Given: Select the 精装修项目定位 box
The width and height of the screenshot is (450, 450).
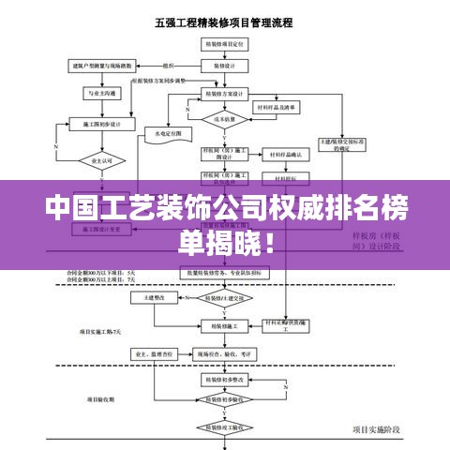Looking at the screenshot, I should tap(225, 44).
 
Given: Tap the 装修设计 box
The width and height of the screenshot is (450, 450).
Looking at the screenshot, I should tap(225, 67).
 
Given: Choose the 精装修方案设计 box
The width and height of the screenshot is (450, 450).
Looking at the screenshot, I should tap(225, 94).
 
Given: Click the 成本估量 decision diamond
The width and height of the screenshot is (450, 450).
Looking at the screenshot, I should tap(225, 119).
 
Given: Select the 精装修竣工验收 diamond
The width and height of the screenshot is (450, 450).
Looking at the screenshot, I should tap(225, 427).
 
